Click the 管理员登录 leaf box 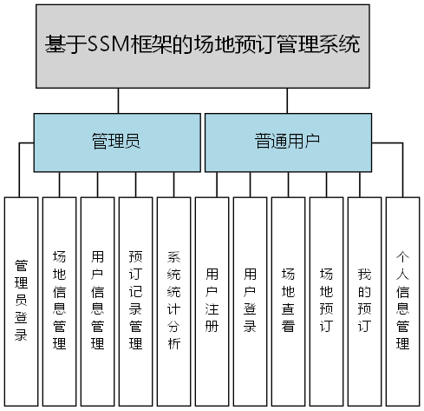[x=21, y=300]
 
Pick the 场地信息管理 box [x=59, y=300]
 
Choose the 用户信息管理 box [x=97, y=300]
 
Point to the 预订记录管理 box [x=135, y=300]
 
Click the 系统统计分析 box [x=173, y=300]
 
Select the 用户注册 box [x=212, y=300]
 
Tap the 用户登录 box [x=250, y=300]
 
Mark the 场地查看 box [x=288, y=300]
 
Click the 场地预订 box [x=326, y=300]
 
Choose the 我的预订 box [x=364, y=300]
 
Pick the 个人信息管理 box [x=402, y=300]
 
